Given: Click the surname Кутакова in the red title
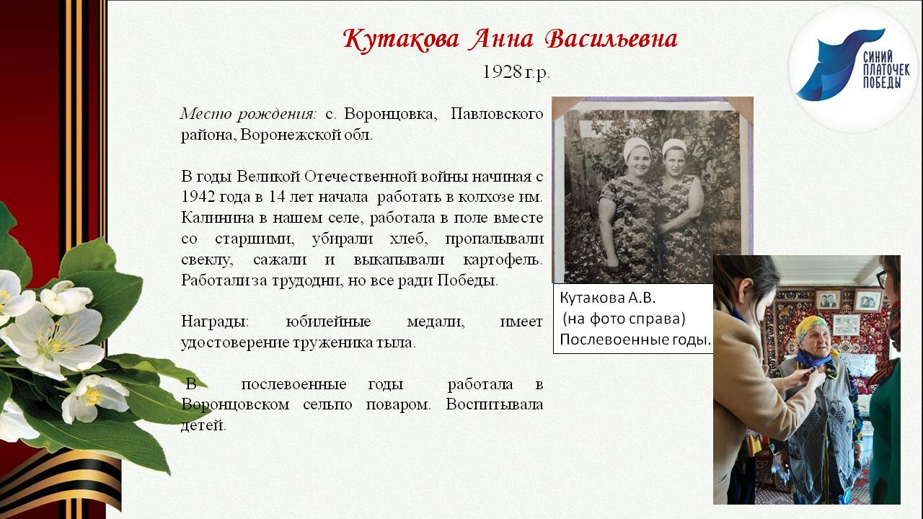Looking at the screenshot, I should (x=400, y=39).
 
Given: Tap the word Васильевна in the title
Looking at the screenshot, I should (x=611, y=39).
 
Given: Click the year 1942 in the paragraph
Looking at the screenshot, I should (x=198, y=196).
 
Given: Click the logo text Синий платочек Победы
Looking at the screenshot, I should (x=886, y=69).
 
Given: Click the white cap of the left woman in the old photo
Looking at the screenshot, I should (x=636, y=147).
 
